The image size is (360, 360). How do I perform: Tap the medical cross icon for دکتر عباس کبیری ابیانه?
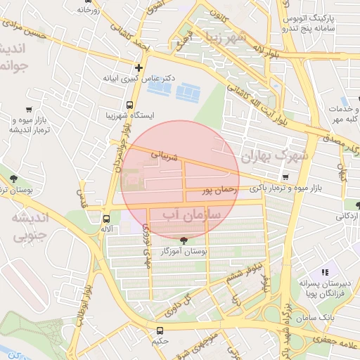pos(139,68)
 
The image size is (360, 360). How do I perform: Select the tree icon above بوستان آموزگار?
pos(184,240)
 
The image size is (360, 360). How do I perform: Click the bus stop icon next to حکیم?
pos(160,330)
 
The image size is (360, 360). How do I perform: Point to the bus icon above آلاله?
pos(106,218)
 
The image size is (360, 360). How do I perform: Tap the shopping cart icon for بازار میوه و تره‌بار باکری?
pos(285,177)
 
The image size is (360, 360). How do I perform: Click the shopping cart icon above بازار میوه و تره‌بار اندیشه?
pos(29,109)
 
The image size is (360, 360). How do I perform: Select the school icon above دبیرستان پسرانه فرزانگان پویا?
pos(325,271)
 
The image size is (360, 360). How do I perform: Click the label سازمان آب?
pos(191,212)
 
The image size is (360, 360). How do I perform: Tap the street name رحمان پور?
pos(217,190)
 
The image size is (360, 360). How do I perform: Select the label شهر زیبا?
pos(223,37)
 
